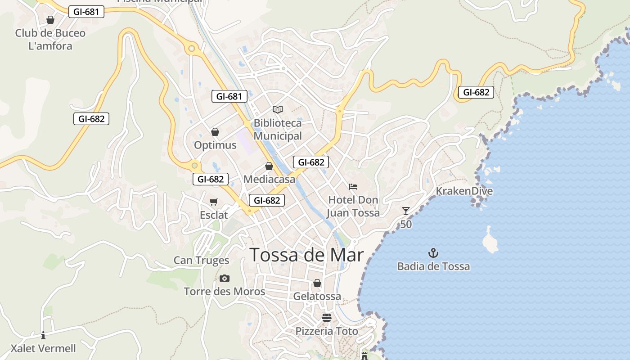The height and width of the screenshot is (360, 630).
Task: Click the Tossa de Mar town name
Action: point(306,255)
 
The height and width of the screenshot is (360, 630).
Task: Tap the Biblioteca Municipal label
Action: point(278,130)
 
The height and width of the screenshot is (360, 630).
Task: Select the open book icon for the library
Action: point(278,109)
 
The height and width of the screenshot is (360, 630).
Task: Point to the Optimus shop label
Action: point(215,145)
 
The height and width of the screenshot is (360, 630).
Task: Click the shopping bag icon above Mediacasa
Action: point(269,166)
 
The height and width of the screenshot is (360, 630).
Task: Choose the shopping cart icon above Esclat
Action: point(214,202)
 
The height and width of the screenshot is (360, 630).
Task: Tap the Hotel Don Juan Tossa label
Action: point(353,206)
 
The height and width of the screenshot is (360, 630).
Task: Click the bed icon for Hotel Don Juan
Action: point(353,186)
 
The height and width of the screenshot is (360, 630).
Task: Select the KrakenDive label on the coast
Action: point(464,191)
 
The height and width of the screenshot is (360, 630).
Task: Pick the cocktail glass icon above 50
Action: point(406,211)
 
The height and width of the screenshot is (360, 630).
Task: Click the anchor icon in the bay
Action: point(433,252)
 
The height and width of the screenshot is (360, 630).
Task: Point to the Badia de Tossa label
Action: point(433,266)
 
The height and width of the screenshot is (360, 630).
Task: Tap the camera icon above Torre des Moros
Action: point(225,278)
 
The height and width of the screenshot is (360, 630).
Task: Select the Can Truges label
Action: point(201,260)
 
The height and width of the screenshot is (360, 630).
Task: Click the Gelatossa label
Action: point(317,297)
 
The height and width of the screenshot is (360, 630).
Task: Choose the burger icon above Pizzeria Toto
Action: point(327,318)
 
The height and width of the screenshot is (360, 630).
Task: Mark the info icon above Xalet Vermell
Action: point(43,335)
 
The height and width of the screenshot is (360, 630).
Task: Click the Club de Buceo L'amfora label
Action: point(50,39)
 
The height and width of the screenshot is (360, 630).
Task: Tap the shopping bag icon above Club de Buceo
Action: point(50,20)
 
